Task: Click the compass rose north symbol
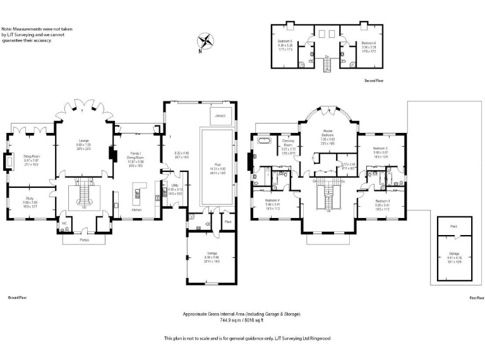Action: (x=205, y=43)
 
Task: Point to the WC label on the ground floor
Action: (x=64, y=223)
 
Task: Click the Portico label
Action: (x=85, y=240)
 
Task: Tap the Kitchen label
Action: (x=136, y=210)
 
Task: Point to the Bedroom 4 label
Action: (x=273, y=201)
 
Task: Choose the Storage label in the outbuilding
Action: (x=453, y=254)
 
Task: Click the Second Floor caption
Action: (x=373, y=81)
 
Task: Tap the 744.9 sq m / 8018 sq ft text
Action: (x=242, y=320)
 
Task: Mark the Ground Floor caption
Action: (x=16, y=296)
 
